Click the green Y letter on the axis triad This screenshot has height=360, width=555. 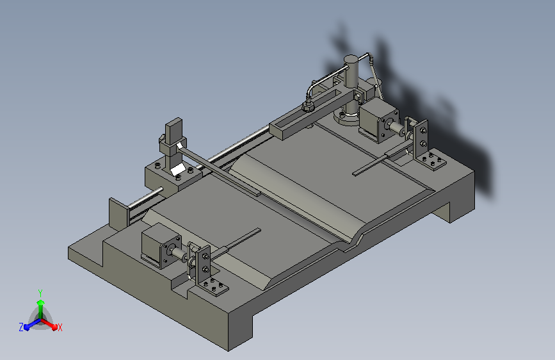[40, 293]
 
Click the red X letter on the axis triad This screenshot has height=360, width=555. [60, 327]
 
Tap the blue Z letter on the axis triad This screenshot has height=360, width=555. [21, 327]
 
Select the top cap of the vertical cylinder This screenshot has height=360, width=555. [351, 59]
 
